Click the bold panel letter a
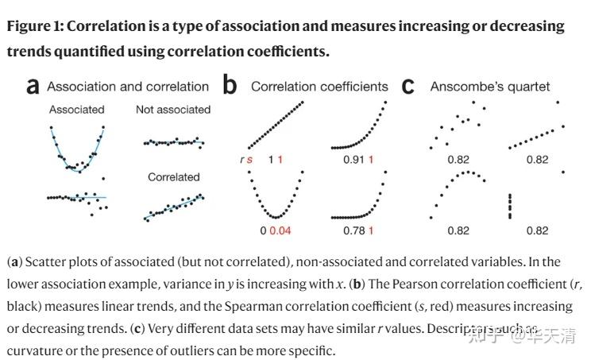33,86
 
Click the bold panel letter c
408,86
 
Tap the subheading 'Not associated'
173,109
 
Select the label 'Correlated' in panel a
173,177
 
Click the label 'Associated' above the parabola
76,109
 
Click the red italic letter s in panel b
251,160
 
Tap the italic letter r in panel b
242,160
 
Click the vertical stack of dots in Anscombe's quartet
510,206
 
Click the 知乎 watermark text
486,336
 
